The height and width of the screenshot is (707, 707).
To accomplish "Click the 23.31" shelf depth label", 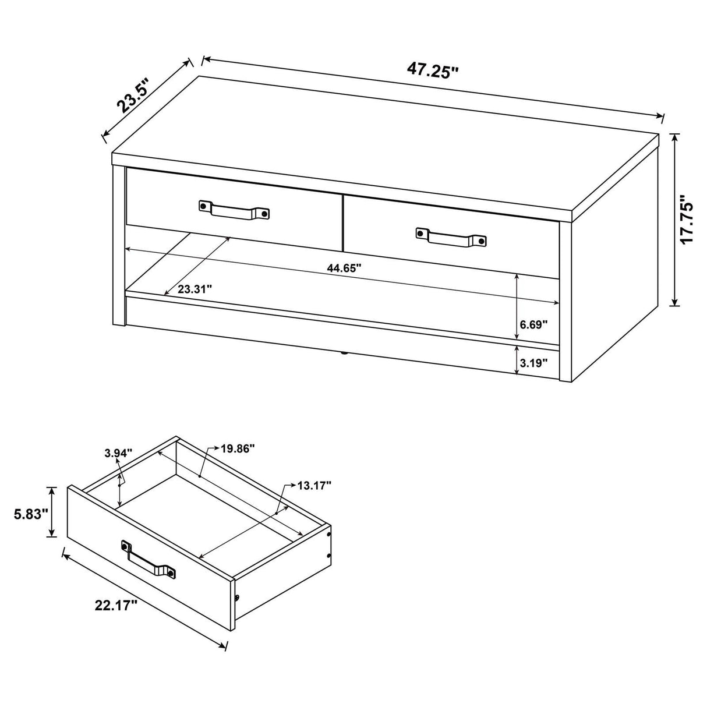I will click(x=195, y=288).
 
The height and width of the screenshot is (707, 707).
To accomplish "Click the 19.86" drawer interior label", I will click(x=238, y=448).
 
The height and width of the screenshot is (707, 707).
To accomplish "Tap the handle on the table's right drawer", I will click(x=450, y=237).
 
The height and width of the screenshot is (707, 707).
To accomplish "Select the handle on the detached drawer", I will click(x=149, y=560).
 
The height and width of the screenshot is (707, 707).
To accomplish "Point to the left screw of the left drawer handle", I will click(x=203, y=205).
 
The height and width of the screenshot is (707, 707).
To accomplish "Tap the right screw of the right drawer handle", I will click(x=481, y=240).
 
